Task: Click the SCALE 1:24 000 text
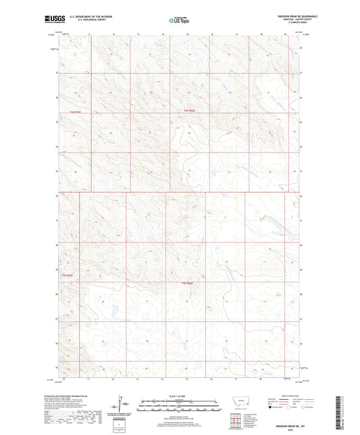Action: [x=179, y=395]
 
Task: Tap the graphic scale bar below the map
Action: [x=179, y=406]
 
